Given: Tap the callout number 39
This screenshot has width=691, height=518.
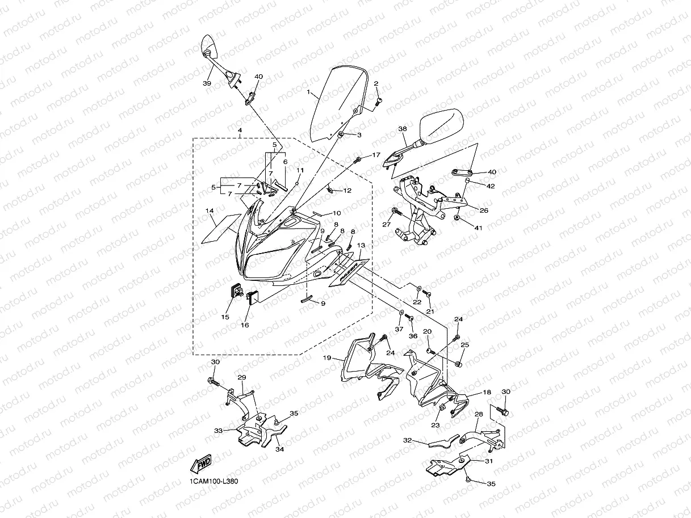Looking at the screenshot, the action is tap(207, 83).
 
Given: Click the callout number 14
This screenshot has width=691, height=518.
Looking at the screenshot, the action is tap(210, 210).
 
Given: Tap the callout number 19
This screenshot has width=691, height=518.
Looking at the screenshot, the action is tap(327, 358).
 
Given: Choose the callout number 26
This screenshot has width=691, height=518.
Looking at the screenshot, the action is tap(484, 210).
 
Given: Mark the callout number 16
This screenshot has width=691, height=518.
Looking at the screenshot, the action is tap(245, 325).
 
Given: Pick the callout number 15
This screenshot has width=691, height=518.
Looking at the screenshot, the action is tap(225, 317).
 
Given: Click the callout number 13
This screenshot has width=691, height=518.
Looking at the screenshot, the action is tap(361, 245).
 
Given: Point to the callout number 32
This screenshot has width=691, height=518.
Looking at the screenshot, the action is tap(407, 440).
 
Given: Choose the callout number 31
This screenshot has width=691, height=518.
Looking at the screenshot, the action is tap(489, 461).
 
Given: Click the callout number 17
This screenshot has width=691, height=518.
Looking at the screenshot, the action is tap(376, 155).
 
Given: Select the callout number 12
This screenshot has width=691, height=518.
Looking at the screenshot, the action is tap(347, 191).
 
